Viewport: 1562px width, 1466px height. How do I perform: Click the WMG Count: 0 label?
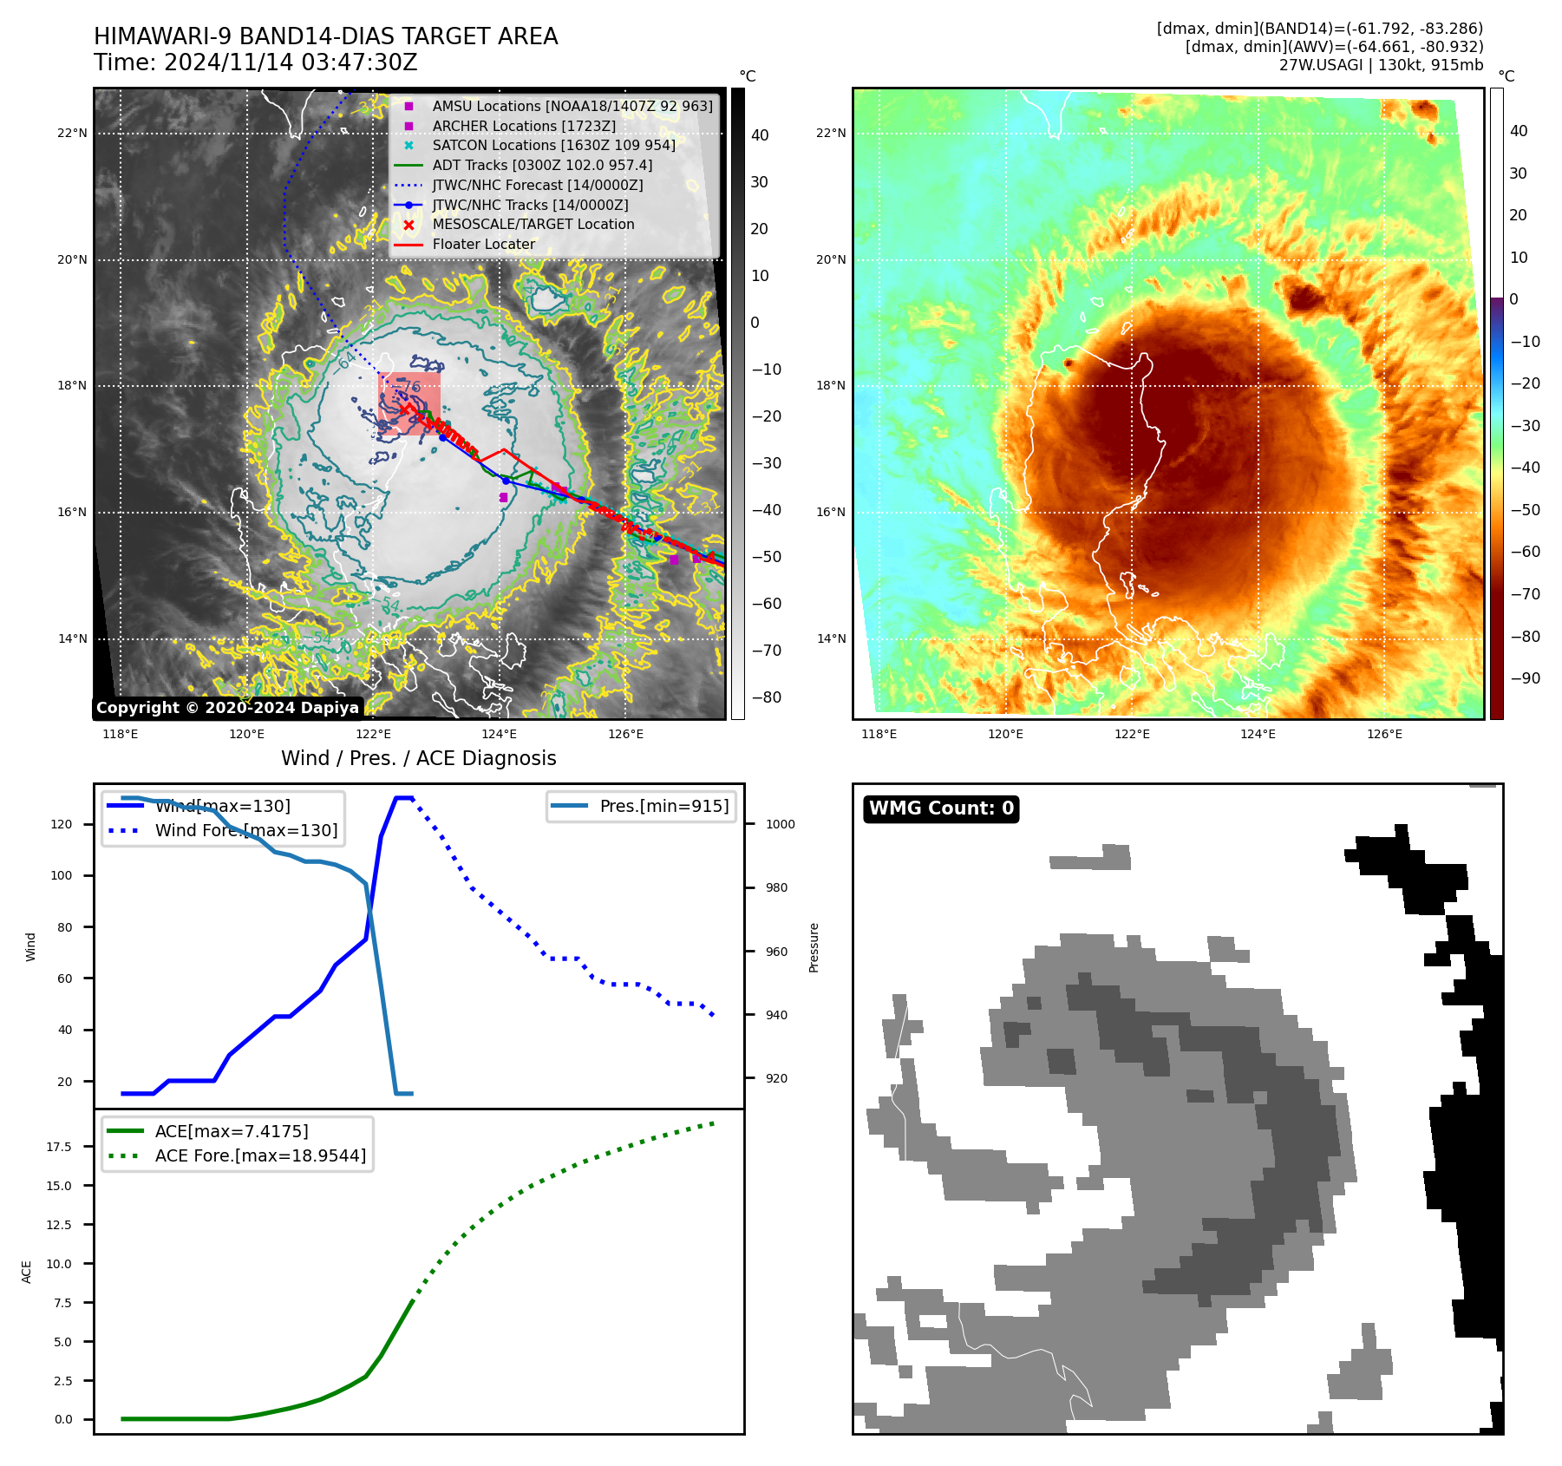click(941, 808)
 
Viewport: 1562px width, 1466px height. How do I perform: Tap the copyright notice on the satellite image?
click(227, 708)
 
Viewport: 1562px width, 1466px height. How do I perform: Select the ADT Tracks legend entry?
click(542, 165)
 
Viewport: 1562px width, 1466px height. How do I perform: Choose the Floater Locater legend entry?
click(483, 244)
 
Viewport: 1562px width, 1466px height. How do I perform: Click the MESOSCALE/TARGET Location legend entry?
click(533, 224)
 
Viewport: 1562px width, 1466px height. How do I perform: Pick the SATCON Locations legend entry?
click(553, 145)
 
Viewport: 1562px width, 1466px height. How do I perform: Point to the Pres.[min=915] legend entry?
click(663, 806)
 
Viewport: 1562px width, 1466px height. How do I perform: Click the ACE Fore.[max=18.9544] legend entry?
click(260, 1155)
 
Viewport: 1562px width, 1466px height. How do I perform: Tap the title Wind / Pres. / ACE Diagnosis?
click(418, 758)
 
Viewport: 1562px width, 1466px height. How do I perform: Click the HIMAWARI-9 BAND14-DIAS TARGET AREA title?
click(325, 36)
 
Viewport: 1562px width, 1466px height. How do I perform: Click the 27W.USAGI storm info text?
click(1381, 65)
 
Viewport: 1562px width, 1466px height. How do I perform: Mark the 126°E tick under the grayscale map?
click(625, 734)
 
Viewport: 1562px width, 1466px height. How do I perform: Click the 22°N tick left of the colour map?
click(830, 133)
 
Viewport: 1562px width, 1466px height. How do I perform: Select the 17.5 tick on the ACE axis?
click(59, 1147)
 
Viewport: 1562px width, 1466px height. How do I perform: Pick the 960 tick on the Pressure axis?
click(776, 952)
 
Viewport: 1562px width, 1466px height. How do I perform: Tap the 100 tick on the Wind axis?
click(61, 875)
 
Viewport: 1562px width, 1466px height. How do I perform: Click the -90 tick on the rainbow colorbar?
click(1525, 678)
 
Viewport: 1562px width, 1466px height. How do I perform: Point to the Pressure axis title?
click(814, 947)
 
